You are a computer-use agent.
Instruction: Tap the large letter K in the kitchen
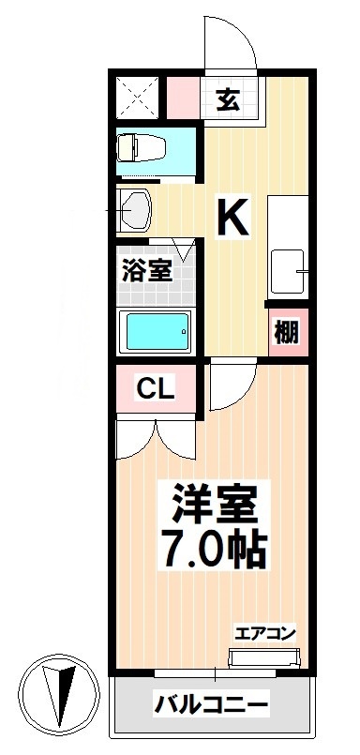pyautogui.click(x=232, y=218)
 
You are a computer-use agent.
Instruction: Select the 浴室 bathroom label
pyautogui.click(x=146, y=273)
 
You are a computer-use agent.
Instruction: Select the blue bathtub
pyautogui.click(x=157, y=330)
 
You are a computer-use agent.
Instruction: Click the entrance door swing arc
pyautogui.click(x=230, y=42)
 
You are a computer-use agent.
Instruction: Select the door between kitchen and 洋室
pyautogui.click(x=229, y=386)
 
